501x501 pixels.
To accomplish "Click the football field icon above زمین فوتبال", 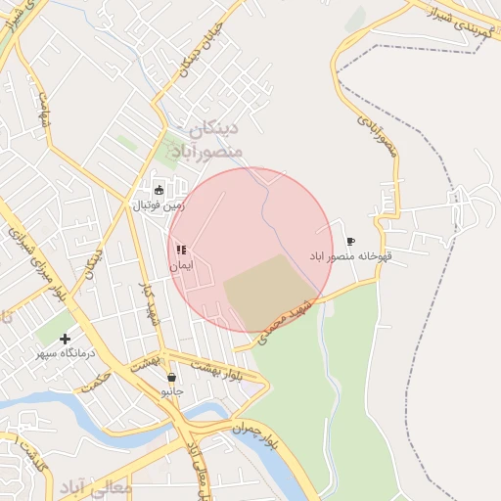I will point(159,190).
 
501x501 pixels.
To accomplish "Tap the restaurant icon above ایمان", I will point(181,250).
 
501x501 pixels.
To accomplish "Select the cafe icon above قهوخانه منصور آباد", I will point(351,241).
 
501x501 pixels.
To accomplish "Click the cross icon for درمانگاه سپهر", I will point(66,339).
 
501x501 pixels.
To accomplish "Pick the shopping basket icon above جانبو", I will point(172,377).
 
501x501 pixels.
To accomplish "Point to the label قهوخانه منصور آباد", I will point(350,255).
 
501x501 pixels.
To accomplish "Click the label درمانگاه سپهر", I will point(65,353).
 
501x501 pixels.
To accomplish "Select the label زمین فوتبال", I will point(158,205).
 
